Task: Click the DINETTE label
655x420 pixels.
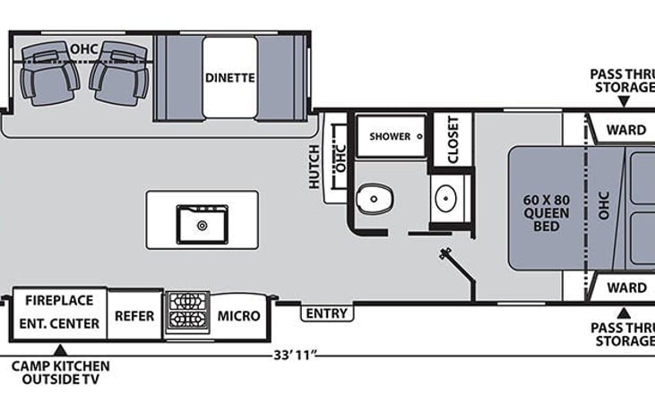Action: point(230,78)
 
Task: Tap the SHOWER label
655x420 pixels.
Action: point(391,136)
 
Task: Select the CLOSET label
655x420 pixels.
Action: point(452,140)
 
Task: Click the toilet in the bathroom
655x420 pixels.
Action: point(374,197)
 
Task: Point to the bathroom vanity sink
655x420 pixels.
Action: point(445,196)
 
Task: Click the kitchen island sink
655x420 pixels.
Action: point(202,223)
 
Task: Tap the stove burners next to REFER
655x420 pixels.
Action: point(186,312)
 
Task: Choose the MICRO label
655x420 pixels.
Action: point(239,315)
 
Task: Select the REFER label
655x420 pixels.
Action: point(134,316)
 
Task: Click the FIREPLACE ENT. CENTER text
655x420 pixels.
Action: point(62,312)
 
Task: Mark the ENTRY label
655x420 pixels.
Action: point(327,313)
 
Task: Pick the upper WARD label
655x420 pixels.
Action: point(625,130)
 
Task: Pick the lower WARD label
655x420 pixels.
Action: point(625,287)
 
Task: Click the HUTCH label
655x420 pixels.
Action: point(314,166)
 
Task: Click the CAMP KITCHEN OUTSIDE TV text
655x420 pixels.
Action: point(60,373)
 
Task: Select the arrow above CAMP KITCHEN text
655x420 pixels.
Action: point(60,349)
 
